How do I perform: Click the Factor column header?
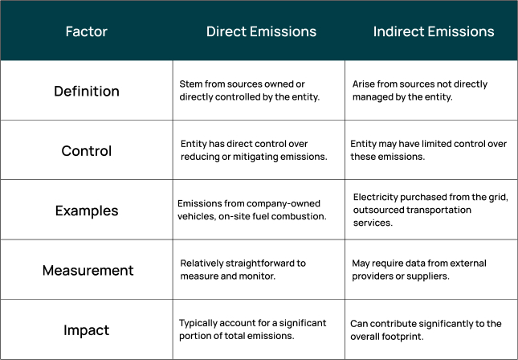[x=86, y=32]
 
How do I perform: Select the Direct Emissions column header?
[x=261, y=32]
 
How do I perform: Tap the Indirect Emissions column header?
[x=434, y=32]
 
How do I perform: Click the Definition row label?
[x=86, y=91]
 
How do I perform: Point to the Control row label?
[x=86, y=150]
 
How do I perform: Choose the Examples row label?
[x=86, y=211]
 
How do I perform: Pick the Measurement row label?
[x=86, y=270]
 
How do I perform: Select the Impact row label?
[x=86, y=329]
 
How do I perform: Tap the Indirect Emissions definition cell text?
[x=420, y=90]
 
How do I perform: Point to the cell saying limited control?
[x=429, y=150]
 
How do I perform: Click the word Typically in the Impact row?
[x=198, y=323]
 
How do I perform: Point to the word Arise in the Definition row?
[x=364, y=84]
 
